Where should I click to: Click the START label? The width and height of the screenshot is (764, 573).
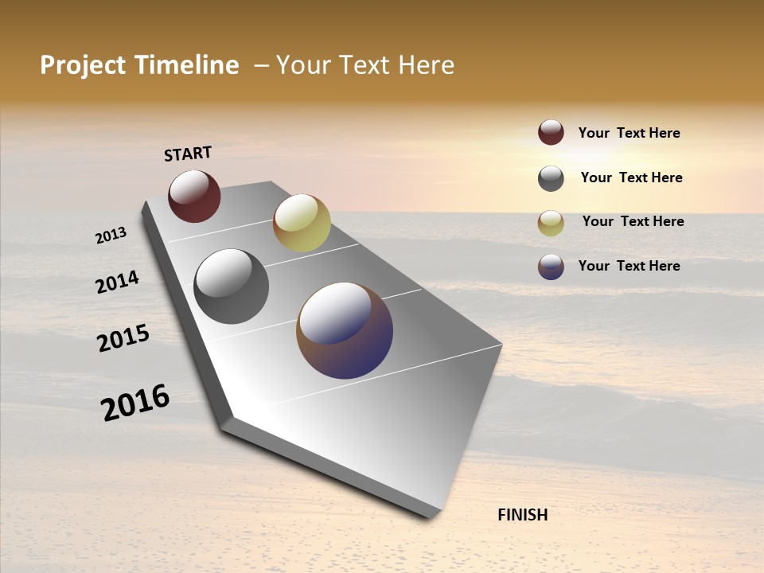188,154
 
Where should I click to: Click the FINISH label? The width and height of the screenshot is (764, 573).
523,515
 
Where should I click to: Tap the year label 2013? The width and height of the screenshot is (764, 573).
111,236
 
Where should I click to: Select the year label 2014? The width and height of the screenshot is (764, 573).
117,282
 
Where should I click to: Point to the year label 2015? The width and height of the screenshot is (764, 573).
123,338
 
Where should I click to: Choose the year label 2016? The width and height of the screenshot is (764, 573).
135,403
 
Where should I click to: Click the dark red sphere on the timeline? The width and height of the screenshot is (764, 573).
194,197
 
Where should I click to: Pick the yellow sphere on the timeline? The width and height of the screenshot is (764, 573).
302,223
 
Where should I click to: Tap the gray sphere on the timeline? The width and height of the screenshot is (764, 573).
232,286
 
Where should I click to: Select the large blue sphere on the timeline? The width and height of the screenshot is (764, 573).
345,330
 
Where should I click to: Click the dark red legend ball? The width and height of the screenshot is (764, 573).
551,132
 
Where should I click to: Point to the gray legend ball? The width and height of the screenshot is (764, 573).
551,178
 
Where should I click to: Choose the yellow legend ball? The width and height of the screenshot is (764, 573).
551,223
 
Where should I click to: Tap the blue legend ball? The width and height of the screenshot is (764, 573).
551,267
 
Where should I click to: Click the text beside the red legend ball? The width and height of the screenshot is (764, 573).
629,133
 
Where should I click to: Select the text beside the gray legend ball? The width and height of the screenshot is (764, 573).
631,177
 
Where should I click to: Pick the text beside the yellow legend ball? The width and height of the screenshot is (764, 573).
633,221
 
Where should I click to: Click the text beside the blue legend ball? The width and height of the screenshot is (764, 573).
629,266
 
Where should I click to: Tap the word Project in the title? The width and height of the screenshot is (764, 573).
82,65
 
